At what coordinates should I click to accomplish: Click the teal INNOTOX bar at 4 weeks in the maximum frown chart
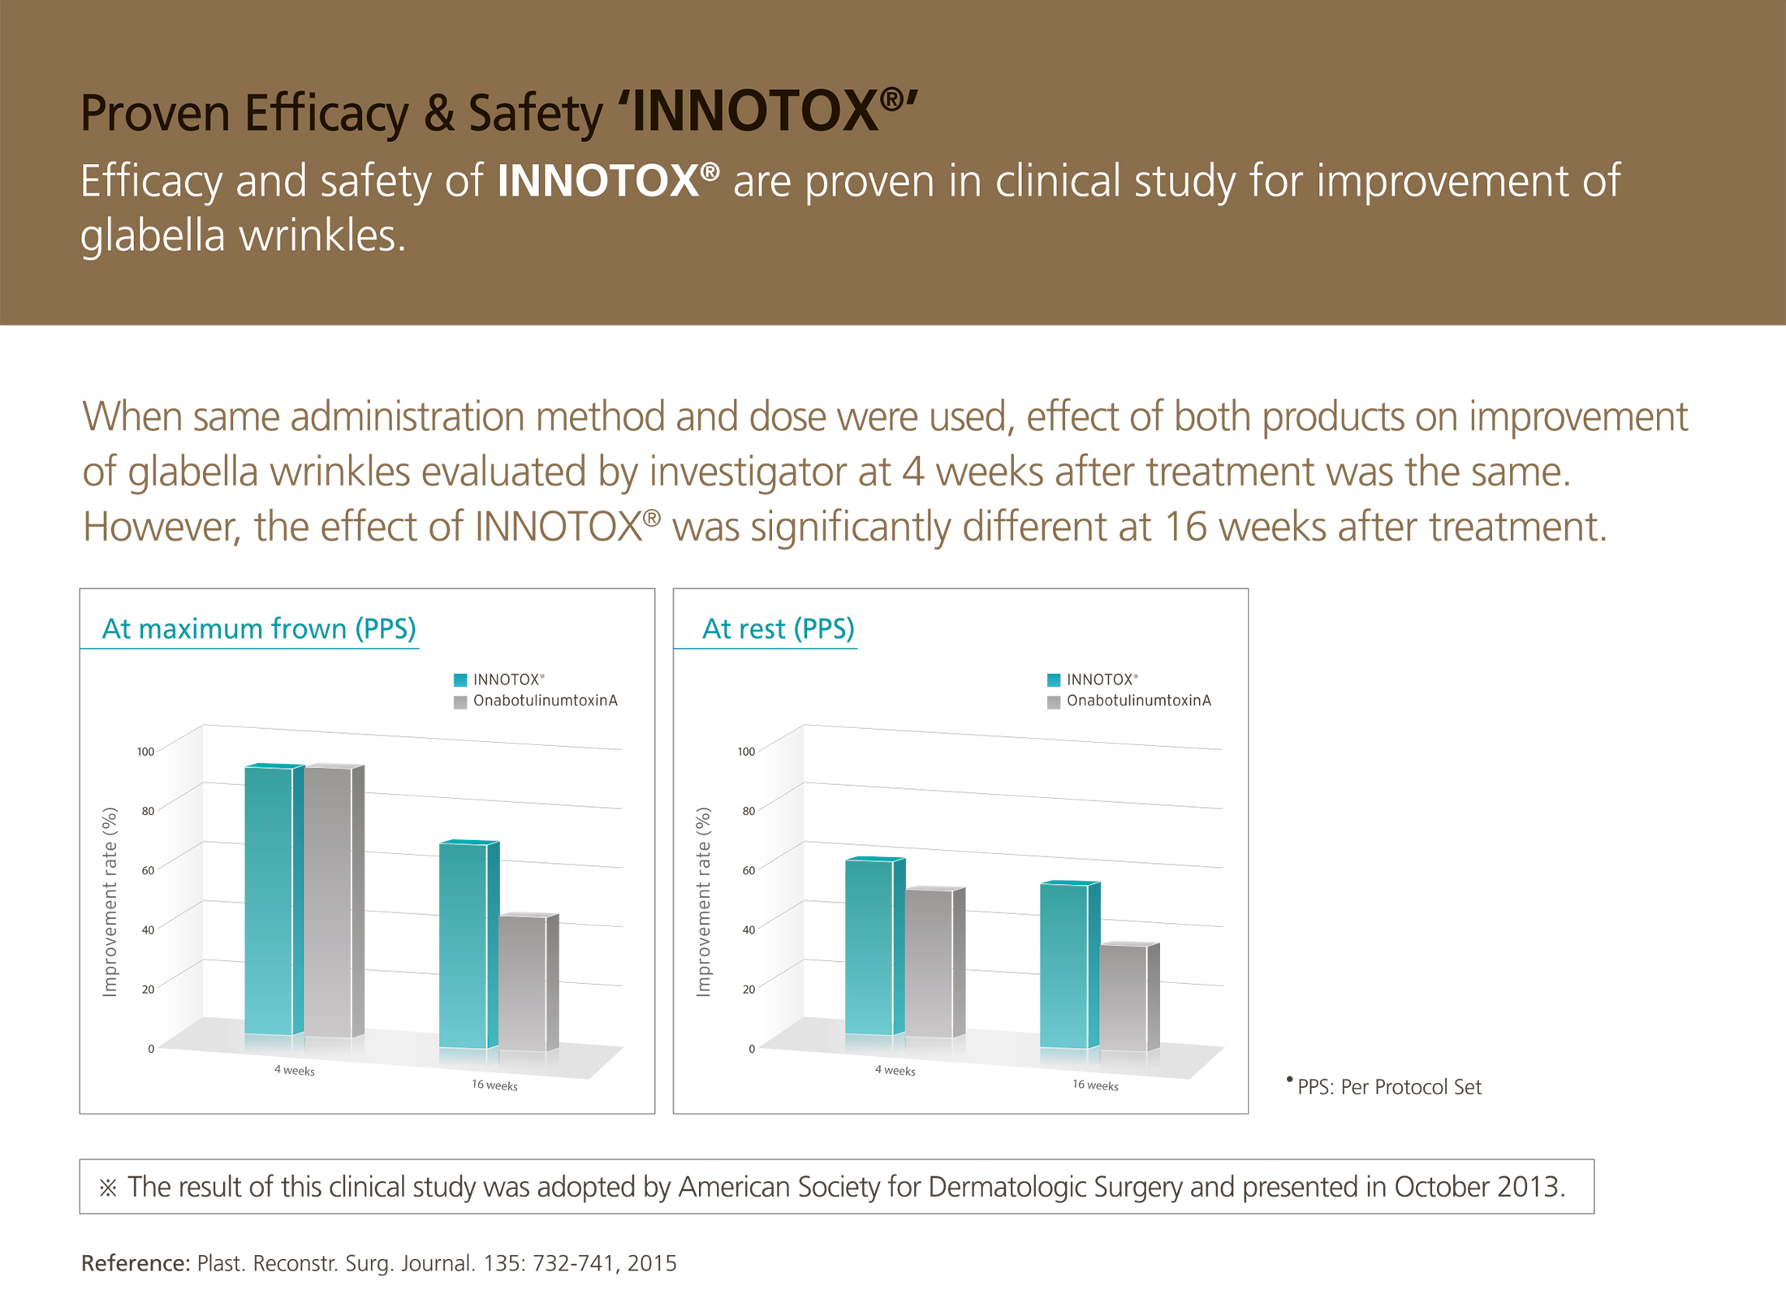269,901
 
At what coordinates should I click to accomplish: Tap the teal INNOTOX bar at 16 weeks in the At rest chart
1064,966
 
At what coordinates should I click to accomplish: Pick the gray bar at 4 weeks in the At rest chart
929,963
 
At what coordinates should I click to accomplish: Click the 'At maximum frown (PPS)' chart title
259,628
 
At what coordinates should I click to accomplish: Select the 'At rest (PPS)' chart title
778,628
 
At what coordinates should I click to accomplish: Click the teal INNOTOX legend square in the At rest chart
1054,679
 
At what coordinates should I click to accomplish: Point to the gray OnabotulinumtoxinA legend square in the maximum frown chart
460,701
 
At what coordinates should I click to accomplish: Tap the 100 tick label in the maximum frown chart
145,752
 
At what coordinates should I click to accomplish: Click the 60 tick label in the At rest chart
748,870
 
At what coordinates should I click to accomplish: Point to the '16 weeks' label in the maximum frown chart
494,1085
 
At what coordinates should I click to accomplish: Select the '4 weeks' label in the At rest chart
895,1071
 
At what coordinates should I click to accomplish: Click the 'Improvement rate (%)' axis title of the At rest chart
703,901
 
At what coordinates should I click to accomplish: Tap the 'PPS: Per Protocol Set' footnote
1388,1087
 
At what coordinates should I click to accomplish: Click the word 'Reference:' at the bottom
136,1263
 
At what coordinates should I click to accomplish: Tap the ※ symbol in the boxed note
108,1188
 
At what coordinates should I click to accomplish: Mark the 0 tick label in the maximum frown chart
151,1049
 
